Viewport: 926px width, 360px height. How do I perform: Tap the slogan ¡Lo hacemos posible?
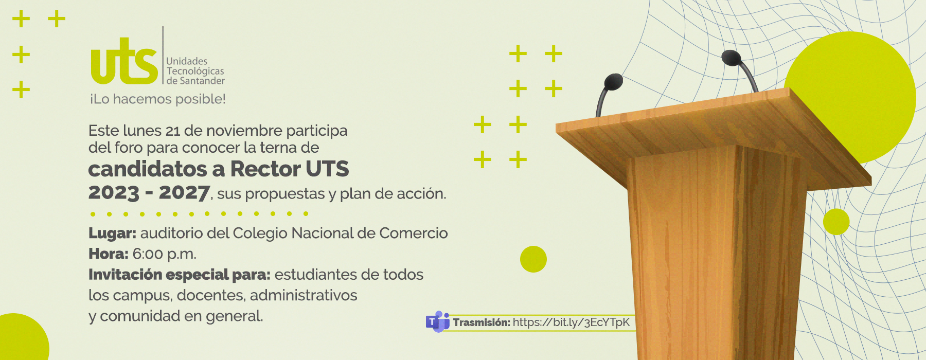click(x=158, y=99)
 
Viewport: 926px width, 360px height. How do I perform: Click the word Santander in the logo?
click(x=202, y=81)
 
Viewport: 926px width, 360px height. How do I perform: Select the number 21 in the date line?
click(x=172, y=131)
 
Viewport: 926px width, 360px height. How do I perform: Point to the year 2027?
click(x=184, y=192)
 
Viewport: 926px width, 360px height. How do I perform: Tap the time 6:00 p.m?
click(x=164, y=254)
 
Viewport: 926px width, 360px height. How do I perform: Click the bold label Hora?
click(x=108, y=254)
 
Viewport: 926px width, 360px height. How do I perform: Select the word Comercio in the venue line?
click(x=414, y=233)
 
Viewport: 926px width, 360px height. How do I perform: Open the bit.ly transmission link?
click(x=571, y=322)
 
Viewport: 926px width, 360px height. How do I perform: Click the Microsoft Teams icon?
click(x=437, y=322)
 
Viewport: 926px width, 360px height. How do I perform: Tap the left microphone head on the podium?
click(x=613, y=82)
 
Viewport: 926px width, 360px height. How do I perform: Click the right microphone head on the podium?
click(x=731, y=58)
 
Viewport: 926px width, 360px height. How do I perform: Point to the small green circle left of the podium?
click(x=533, y=259)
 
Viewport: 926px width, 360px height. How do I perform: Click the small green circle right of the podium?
click(x=836, y=222)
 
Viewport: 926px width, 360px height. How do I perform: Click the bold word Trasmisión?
click(x=482, y=322)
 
